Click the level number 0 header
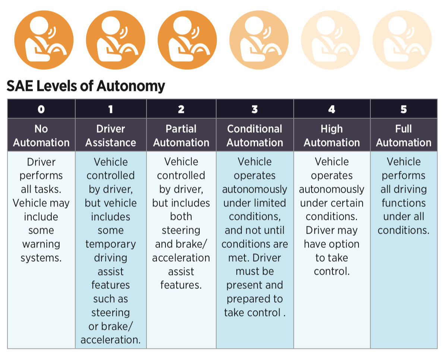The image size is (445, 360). (41, 109)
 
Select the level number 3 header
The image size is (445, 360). (255, 109)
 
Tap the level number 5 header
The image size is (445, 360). (404, 109)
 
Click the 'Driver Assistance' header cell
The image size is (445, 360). (111, 135)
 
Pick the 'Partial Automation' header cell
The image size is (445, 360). (182, 135)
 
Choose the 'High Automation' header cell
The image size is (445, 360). (332, 135)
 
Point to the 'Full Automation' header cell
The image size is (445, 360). (404, 135)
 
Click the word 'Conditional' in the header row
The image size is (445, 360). (255, 129)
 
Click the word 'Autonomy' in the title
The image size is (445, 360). (131, 86)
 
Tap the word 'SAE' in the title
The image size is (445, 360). (20, 86)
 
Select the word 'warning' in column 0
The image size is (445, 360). (41, 244)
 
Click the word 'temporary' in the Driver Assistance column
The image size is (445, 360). (111, 244)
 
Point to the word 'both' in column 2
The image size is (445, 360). (181, 217)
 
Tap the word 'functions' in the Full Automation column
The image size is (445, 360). (404, 203)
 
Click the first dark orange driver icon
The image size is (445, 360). (44, 40)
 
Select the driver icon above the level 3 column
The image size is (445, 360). (259, 40)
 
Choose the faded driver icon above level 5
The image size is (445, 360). (402, 40)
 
